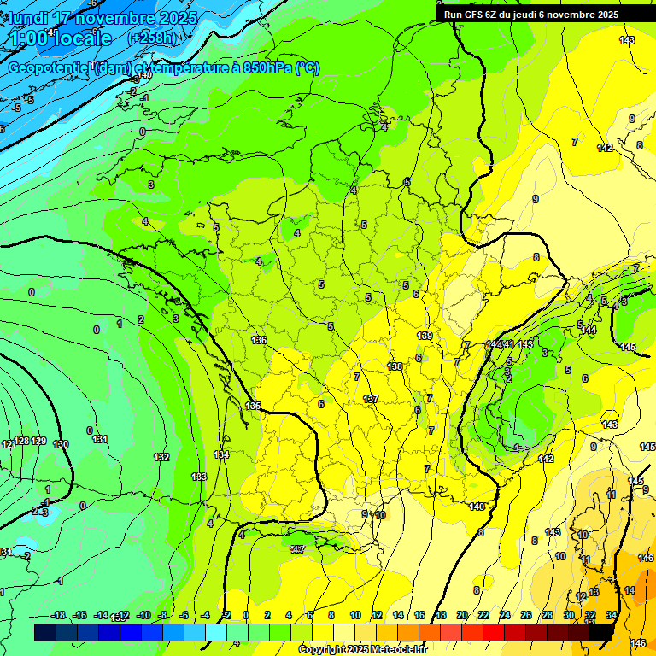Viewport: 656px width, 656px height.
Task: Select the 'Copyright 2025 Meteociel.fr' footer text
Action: click(362, 649)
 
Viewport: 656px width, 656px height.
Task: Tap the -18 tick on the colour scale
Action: click(58, 615)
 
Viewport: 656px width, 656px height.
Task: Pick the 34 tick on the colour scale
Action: click(612, 615)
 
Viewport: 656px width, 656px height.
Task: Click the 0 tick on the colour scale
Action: click(246, 615)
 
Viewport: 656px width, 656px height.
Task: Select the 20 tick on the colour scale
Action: click(462, 615)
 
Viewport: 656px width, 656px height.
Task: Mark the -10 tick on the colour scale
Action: click(144, 615)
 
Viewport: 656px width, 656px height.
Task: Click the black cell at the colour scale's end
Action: click(601, 632)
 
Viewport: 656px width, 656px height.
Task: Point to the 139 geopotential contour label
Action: click(425, 336)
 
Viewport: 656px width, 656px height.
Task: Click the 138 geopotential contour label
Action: click(395, 366)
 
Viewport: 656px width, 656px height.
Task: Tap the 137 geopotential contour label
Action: click(371, 399)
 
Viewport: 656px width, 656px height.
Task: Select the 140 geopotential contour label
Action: click(477, 507)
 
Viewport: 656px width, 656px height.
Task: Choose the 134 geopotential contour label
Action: click(221, 455)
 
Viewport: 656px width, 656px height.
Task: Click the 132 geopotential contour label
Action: click(161, 457)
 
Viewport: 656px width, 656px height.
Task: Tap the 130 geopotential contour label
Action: click(61, 444)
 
